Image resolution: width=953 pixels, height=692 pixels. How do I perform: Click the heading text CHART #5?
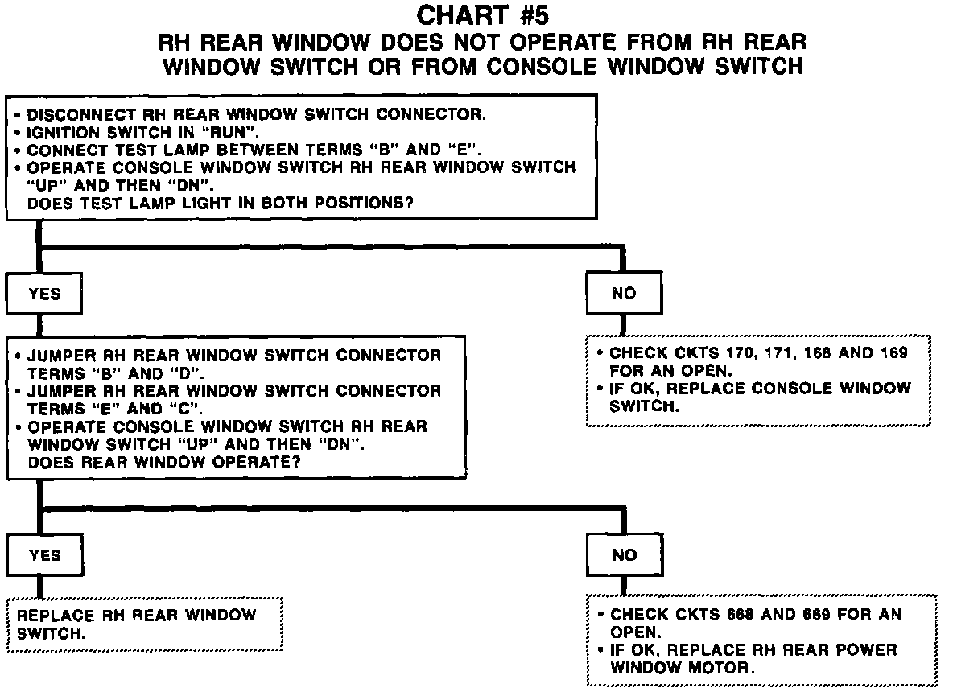click(x=483, y=16)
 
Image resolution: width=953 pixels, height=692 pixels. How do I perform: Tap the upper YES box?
click(x=44, y=294)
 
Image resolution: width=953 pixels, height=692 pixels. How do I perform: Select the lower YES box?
click(x=44, y=555)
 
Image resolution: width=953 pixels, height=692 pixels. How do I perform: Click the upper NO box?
click(x=624, y=294)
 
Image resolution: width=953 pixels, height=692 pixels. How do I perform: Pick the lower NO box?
click(x=624, y=555)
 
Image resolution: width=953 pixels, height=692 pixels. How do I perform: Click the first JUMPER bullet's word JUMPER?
click(x=59, y=356)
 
